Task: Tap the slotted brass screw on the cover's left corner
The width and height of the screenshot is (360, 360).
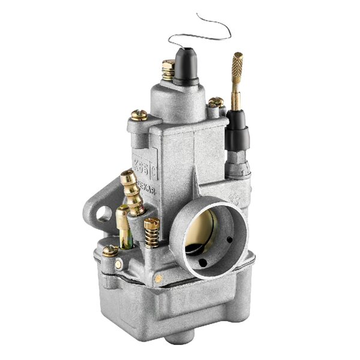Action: (x=139, y=115)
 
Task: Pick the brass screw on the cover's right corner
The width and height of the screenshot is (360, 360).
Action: (x=215, y=103)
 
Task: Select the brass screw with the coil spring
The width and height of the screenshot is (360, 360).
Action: (x=151, y=231)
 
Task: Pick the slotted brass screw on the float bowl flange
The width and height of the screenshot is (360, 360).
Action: (x=110, y=251)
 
